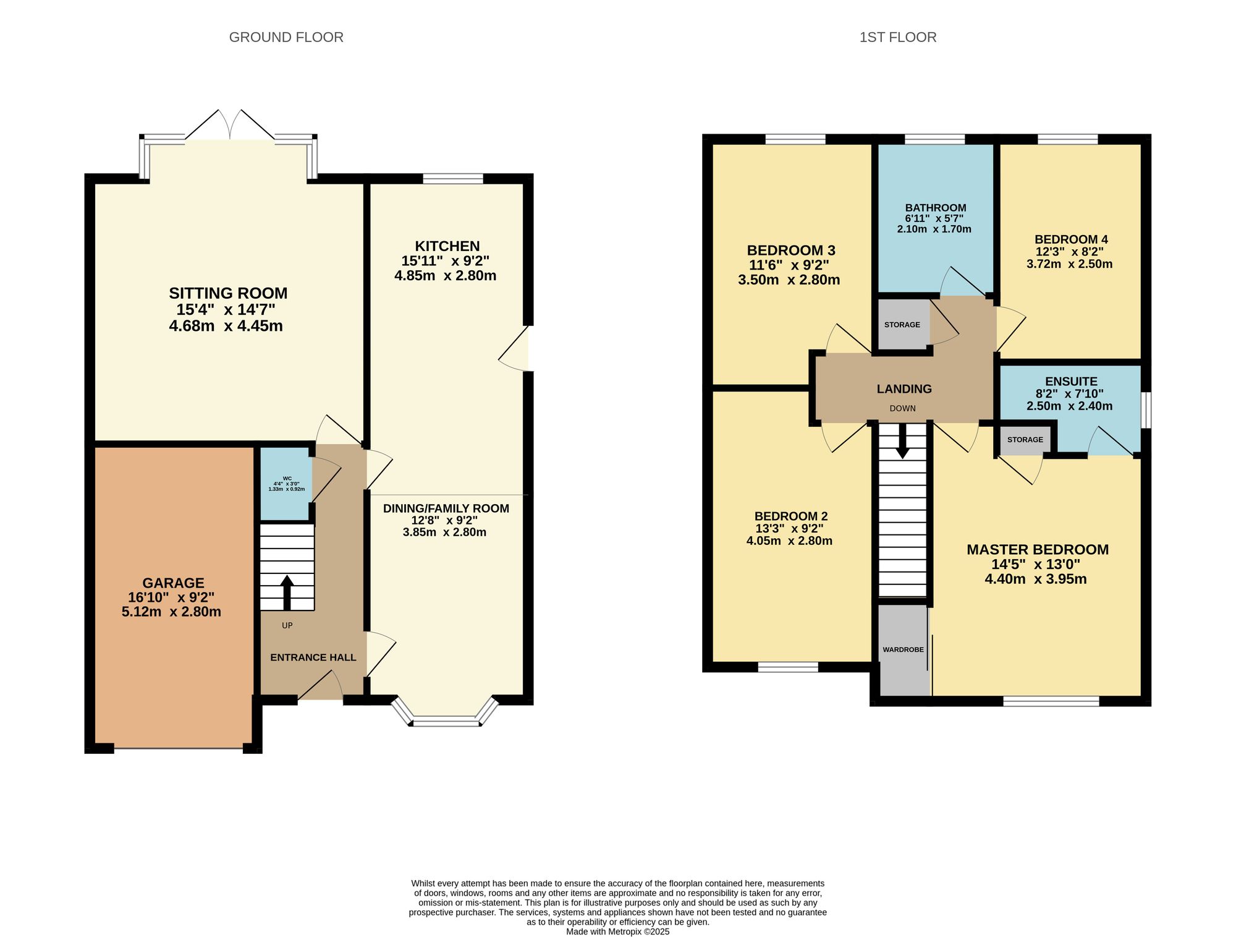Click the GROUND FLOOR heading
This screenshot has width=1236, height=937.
286,37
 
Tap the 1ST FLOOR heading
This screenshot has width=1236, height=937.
898,37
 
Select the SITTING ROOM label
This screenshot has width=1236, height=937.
229,293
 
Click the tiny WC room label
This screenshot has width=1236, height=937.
287,478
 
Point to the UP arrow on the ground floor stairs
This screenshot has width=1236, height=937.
287,593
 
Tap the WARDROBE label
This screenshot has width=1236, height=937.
904,649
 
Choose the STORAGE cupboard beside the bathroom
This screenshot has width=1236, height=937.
902,325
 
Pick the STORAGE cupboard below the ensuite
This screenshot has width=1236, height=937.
1025,440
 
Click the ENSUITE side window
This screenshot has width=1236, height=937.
1146,409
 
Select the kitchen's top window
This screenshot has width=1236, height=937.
453,179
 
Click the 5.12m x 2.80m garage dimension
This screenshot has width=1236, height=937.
172,612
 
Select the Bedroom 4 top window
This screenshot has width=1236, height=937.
1068,139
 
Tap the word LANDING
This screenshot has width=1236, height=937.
904,389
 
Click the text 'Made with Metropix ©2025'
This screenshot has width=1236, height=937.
618,931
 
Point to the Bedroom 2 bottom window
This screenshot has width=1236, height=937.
788,667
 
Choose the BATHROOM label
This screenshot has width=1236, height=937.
936,208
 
